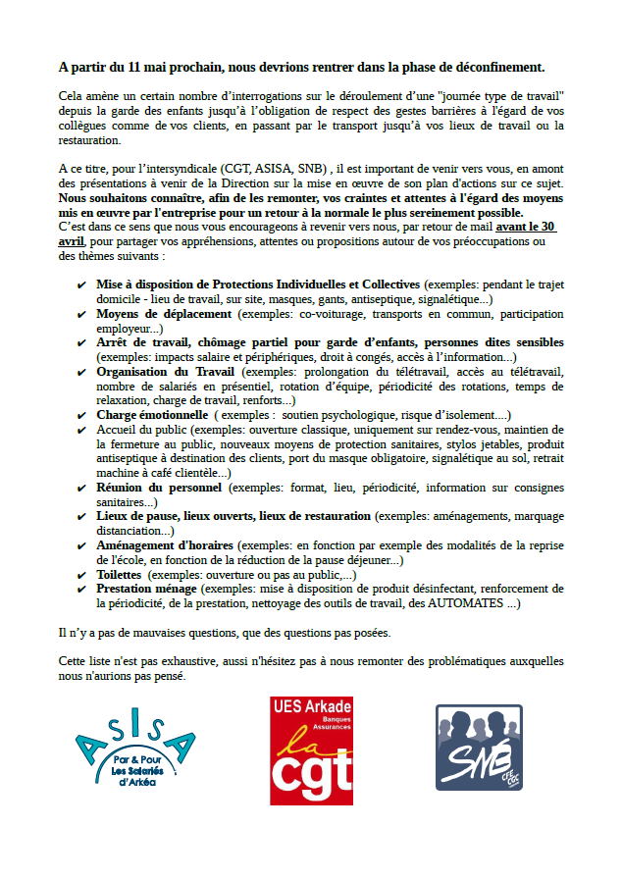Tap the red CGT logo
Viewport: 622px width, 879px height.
tap(311, 750)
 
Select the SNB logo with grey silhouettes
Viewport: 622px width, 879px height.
tap(479, 749)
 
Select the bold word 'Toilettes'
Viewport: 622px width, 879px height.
tap(119, 574)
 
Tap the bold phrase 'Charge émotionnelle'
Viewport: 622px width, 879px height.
tap(152, 415)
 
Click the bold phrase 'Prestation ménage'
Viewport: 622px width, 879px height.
tap(147, 589)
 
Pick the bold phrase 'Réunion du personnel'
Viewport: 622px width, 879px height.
tap(160, 487)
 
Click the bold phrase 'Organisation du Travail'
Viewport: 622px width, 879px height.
tap(166, 372)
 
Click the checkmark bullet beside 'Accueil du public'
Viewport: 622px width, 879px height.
tap(81, 430)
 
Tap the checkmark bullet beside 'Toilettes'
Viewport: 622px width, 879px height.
tap(81, 574)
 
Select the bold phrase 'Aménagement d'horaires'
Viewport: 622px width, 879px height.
tap(165, 544)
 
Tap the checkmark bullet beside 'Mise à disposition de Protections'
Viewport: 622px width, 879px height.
tap(81, 284)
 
